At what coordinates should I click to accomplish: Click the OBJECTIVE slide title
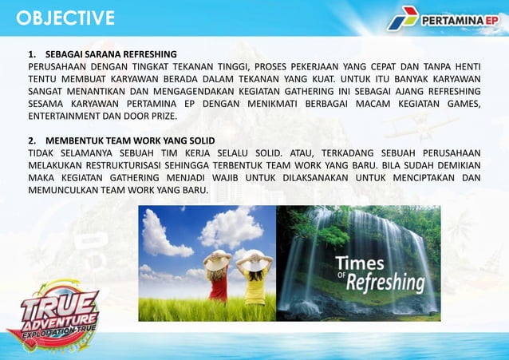[x=65, y=18]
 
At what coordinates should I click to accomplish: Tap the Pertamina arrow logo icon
[x=403, y=18]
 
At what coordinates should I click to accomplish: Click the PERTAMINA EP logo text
[x=459, y=18]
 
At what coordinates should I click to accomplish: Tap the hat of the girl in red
[x=218, y=258]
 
